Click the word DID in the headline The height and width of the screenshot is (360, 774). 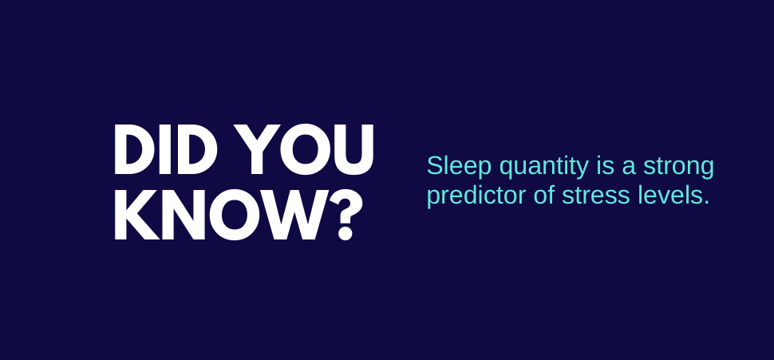165,149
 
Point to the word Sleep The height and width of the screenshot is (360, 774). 459,166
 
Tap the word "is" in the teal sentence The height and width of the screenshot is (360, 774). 605,166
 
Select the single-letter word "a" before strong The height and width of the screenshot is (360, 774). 629,168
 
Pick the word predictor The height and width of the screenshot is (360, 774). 476,196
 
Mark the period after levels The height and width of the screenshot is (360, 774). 706,203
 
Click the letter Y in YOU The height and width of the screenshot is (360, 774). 255,149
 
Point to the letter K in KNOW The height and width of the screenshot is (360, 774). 136,215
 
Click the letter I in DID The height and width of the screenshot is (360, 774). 166,149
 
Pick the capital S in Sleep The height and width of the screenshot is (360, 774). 434,166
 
